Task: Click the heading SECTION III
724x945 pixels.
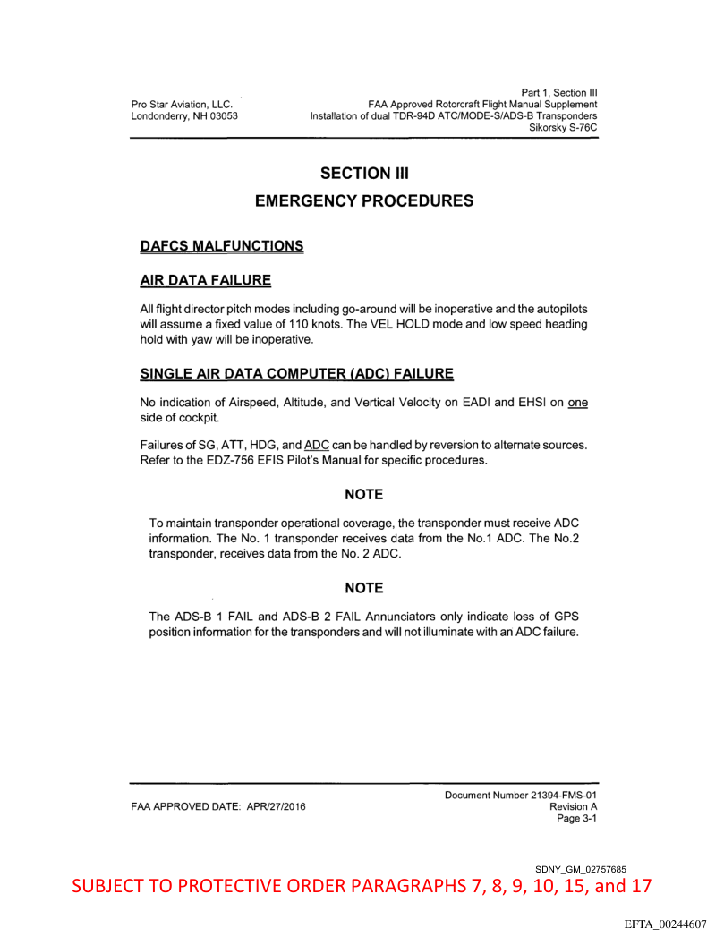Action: tap(364, 173)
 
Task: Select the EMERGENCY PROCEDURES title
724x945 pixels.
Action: tap(364, 201)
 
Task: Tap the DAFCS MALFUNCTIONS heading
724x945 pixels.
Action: tap(222, 245)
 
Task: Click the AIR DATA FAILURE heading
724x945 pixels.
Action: tap(206, 280)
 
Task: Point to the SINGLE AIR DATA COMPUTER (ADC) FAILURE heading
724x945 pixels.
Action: tap(297, 372)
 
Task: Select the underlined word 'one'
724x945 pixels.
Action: tap(578, 402)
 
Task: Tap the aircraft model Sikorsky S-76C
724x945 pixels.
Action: tap(564, 128)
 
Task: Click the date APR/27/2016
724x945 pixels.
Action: tap(269, 806)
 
